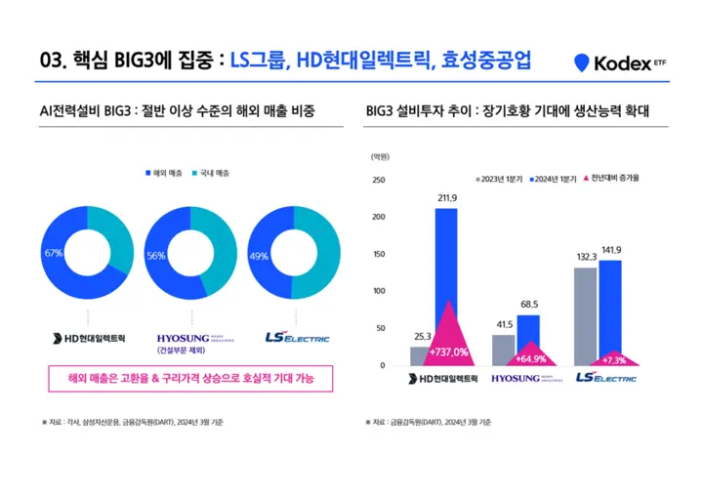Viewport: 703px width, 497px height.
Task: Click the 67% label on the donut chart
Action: click(x=54, y=253)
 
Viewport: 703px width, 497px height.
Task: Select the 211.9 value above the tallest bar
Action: click(x=447, y=198)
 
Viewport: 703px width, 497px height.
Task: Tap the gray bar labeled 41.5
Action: click(x=504, y=350)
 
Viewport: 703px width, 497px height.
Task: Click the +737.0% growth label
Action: click(x=448, y=352)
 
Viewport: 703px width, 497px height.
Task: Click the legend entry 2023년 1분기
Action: click(x=500, y=180)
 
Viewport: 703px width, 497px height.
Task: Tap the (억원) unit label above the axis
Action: click(x=381, y=156)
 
